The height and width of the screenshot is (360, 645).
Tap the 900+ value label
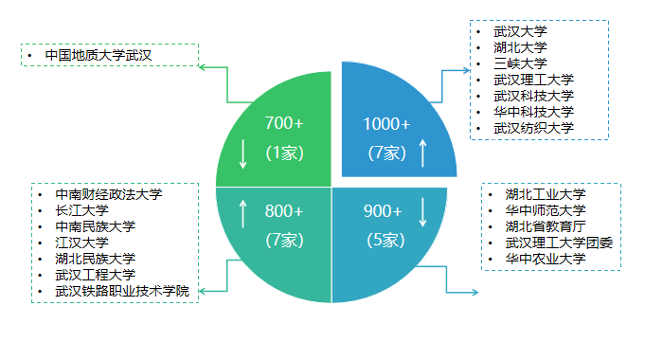[x=384, y=210]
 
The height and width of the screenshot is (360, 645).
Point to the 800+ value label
[x=284, y=210]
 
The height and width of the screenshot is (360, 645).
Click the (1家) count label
[x=284, y=152]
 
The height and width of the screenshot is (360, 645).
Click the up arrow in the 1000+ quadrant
[x=423, y=152]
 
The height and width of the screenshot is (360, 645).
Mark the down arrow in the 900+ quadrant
[x=423, y=211]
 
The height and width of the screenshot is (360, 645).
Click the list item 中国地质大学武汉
[x=99, y=55]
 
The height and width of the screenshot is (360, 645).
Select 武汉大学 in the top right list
[x=520, y=31]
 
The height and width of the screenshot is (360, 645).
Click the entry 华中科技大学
[x=533, y=112]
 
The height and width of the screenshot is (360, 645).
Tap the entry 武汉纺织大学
[x=533, y=128]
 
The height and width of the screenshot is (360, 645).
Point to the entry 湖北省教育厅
[x=545, y=226]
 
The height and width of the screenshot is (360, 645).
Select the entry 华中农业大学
[x=545, y=259]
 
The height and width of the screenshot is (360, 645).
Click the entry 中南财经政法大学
[x=109, y=194]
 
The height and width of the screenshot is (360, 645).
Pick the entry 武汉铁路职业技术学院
[x=122, y=291]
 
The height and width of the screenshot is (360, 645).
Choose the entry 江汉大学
[x=82, y=243]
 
